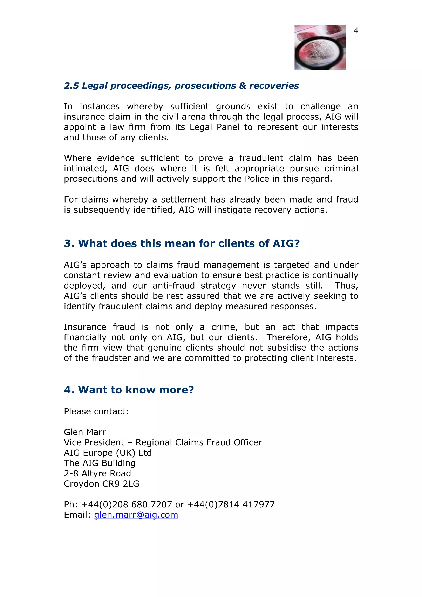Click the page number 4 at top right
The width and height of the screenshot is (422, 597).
[356, 30]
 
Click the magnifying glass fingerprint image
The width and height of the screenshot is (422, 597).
[320, 47]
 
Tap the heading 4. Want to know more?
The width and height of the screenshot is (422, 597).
[129, 390]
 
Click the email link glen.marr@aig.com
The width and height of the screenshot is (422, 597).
[136, 515]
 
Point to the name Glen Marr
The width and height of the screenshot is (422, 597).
[85, 432]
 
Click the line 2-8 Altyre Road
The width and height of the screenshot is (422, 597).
[97, 473]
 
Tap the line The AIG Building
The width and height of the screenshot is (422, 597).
[100, 463]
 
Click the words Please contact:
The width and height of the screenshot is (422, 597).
[96, 411]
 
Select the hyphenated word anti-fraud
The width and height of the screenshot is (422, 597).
[173, 286]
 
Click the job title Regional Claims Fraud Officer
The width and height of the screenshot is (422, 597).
[199, 442]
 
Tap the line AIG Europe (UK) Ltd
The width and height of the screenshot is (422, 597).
[108, 453]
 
